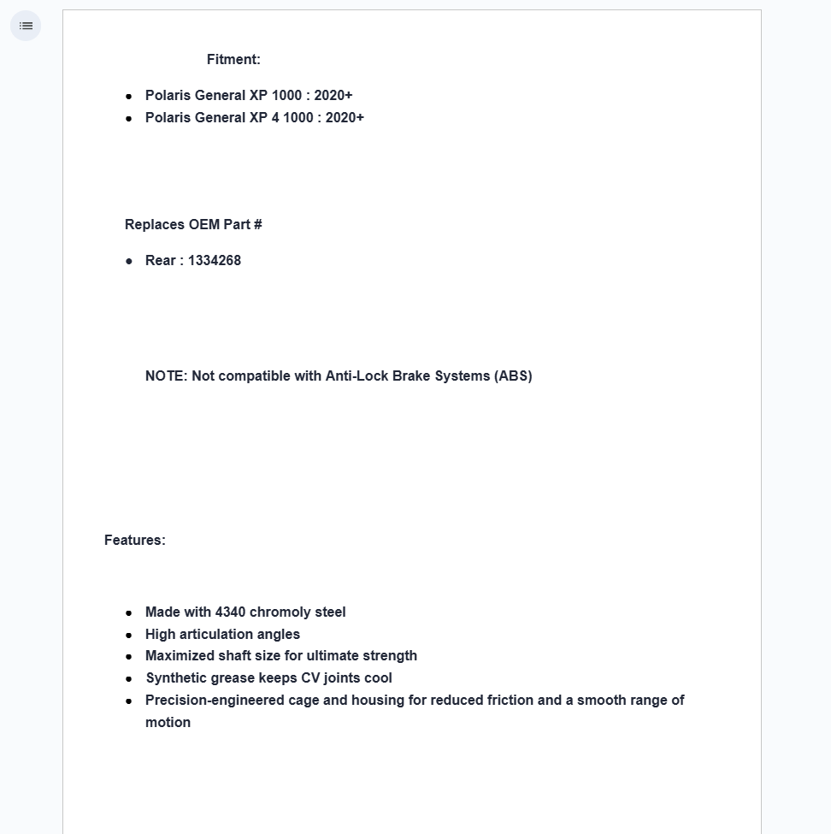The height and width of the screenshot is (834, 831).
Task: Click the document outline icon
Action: (x=26, y=26)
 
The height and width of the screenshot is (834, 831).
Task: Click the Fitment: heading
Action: (x=233, y=59)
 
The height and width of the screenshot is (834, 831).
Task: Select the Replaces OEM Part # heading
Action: (x=193, y=224)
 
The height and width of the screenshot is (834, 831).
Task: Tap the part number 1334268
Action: (x=215, y=260)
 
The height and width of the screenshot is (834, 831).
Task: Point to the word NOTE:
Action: (x=166, y=376)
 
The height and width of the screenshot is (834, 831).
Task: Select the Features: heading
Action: (x=135, y=540)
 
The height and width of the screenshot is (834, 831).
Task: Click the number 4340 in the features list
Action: (x=230, y=612)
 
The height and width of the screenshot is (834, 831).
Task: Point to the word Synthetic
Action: (x=177, y=677)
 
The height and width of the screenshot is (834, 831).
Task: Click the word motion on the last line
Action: (x=168, y=722)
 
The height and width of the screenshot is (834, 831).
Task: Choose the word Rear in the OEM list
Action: (x=160, y=260)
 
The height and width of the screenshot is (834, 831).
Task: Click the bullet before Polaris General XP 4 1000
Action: (x=129, y=118)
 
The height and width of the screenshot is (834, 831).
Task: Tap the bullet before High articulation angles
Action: (x=129, y=635)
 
